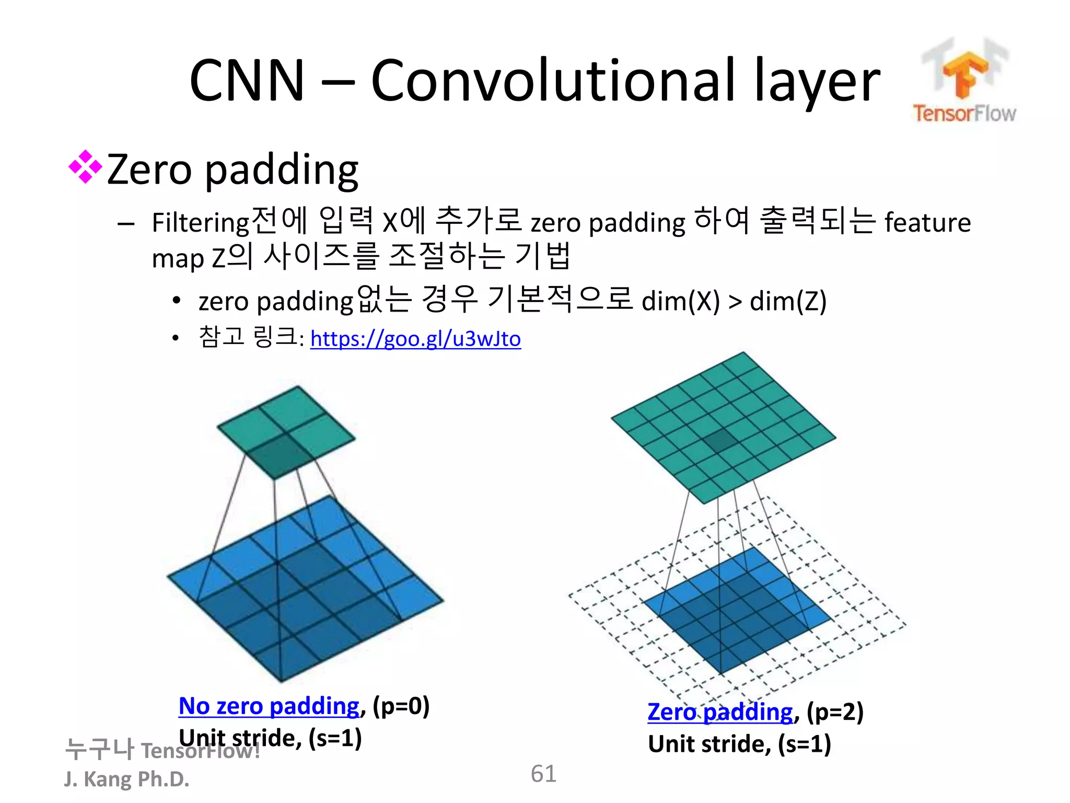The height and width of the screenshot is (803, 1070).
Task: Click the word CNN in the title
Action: (x=247, y=81)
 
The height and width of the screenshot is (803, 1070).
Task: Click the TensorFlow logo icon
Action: (x=965, y=71)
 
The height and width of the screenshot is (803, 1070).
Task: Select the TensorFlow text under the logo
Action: (x=964, y=113)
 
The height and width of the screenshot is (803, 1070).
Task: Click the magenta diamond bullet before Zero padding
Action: (x=85, y=167)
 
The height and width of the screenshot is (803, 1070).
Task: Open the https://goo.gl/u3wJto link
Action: (x=415, y=339)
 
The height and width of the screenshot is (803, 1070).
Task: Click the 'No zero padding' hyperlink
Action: (x=269, y=706)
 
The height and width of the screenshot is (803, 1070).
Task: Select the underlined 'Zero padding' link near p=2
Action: (x=720, y=712)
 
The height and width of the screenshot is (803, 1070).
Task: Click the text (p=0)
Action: (x=401, y=706)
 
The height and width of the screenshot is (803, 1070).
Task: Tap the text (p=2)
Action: (x=835, y=712)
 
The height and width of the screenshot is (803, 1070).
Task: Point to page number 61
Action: (x=543, y=774)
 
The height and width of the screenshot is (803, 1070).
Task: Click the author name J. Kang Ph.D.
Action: (x=126, y=779)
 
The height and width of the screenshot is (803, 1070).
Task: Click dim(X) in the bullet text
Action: (x=680, y=301)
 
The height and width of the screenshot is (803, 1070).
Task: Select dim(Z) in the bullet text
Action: (x=788, y=301)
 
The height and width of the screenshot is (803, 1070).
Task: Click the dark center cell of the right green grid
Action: (x=723, y=440)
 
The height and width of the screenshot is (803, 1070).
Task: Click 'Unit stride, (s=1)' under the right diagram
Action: (x=739, y=744)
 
